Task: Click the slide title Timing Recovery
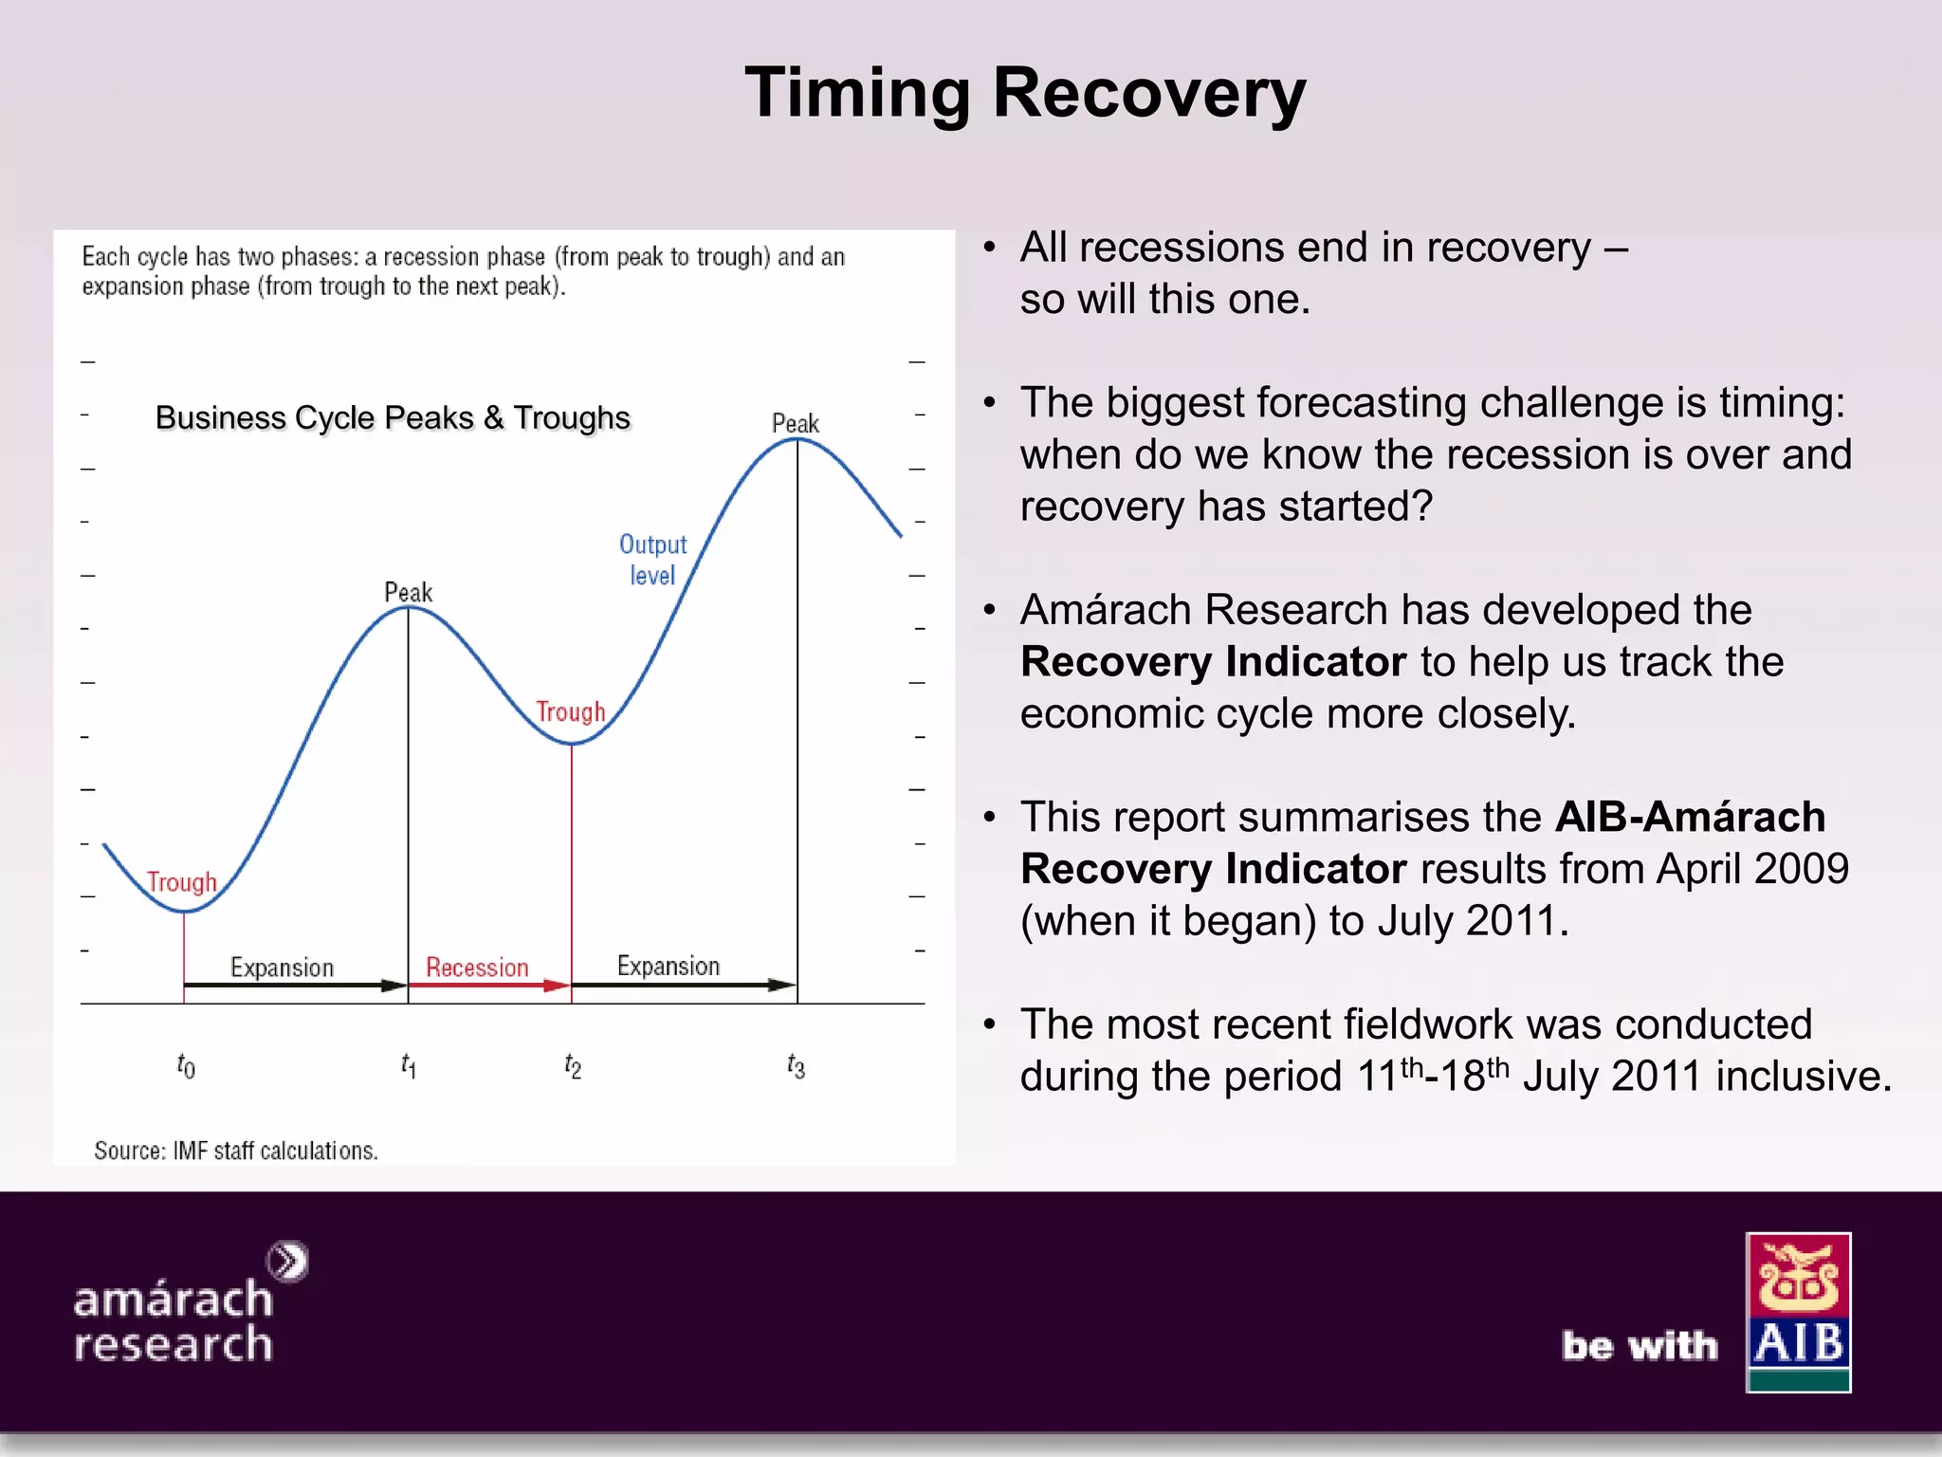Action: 1025,93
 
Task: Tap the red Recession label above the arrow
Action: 477,968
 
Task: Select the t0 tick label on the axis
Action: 186,1066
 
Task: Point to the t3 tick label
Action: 796,1066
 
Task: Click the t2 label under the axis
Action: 573,1066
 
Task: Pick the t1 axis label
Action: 408,1065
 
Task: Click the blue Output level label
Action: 652,560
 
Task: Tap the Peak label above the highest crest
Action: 795,423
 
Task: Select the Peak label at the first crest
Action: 408,592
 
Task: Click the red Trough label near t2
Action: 570,711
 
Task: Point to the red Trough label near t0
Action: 182,882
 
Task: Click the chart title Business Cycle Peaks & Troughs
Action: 393,417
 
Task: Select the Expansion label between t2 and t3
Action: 669,966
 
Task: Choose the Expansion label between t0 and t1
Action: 282,968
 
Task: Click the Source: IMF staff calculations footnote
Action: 236,1151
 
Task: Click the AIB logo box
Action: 1798,1312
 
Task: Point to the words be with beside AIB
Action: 1640,1345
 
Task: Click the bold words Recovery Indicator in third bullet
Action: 1213,661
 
